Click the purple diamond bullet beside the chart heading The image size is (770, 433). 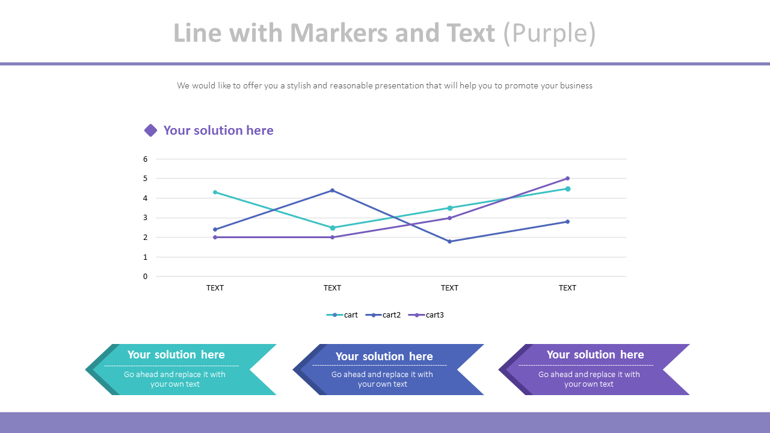click(x=150, y=131)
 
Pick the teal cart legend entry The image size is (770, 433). click(x=342, y=315)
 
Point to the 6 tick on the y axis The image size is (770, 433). click(x=145, y=159)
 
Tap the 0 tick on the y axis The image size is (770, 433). click(x=145, y=277)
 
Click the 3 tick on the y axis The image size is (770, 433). click(x=145, y=218)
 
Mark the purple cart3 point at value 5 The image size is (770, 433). click(x=567, y=179)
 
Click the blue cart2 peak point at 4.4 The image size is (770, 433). click(x=332, y=191)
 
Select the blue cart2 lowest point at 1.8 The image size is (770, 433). click(x=449, y=242)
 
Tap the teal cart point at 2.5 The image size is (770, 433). click(x=332, y=228)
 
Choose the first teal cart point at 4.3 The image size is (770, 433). click(x=215, y=192)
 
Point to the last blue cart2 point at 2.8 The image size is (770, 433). click(x=567, y=222)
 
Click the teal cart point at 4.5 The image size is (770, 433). click(x=567, y=189)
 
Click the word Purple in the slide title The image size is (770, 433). click(x=549, y=34)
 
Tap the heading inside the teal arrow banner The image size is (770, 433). click(x=176, y=355)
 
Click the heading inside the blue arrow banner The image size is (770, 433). click(x=384, y=357)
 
